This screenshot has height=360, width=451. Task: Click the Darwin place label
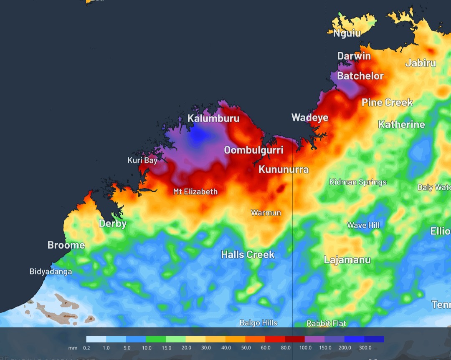point(354,56)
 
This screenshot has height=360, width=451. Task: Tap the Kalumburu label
point(213,118)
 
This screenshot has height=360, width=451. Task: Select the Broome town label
point(66,245)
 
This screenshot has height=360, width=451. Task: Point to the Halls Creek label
point(248,254)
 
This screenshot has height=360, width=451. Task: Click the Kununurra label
point(284,169)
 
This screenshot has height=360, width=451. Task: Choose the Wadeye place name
point(310,118)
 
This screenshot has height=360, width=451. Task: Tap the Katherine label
point(401,124)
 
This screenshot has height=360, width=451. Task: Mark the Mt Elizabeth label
point(195,192)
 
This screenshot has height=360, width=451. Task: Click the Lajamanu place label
point(347,260)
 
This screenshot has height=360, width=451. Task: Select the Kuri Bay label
point(142,160)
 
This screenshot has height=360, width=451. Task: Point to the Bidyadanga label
point(51,272)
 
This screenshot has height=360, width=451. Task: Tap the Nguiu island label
point(347,33)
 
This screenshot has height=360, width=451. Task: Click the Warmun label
point(266,213)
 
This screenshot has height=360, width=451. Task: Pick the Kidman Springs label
point(358,182)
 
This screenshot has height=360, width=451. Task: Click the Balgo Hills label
point(258,323)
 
